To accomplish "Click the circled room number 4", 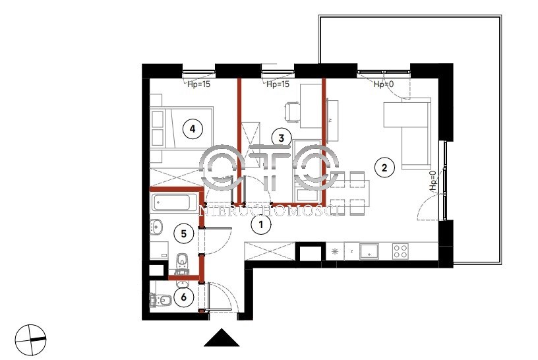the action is (193, 129).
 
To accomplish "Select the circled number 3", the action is (282, 138).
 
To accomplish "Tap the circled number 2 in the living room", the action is (384, 168).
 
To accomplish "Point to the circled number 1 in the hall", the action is (261, 225).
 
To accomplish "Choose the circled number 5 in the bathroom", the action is (183, 234).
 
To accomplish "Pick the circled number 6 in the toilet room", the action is (183, 297).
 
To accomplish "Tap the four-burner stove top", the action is (400, 251).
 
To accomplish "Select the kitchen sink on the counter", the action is (369, 251).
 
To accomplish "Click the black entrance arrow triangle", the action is (222, 338).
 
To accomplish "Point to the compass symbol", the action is (30, 339).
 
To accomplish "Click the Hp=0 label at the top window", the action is (384, 84).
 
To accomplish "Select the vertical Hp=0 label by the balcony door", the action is (433, 181).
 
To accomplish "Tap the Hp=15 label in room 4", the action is (198, 84).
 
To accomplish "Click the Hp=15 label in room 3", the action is (278, 84).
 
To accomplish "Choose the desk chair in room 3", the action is (292, 112).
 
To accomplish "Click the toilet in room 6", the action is (161, 300).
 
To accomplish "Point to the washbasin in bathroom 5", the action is (156, 227).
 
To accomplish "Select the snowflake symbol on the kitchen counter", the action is (335, 251).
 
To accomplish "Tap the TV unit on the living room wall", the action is (332, 121).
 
